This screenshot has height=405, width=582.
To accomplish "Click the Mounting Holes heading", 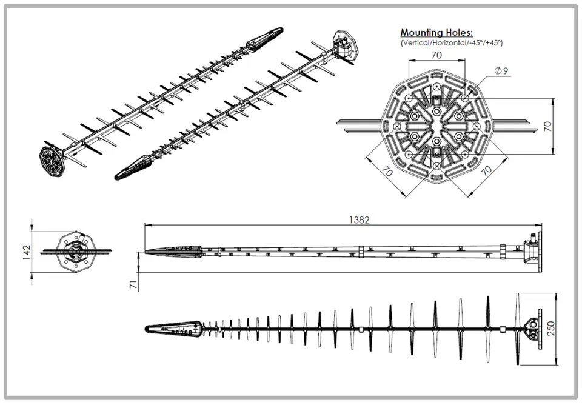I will coord(436,33).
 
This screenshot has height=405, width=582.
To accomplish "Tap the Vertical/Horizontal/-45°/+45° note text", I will coord(452,43).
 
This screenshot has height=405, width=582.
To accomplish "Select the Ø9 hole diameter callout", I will coord(501,72).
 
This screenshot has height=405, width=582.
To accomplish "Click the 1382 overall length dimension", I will coord(359,220).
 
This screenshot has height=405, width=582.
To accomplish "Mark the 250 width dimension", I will coord(550,328).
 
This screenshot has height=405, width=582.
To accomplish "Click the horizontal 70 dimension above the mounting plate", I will coord(436,55).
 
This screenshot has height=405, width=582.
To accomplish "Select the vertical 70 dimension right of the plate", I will coord(547,126).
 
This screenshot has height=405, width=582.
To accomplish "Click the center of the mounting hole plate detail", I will coord(436,126).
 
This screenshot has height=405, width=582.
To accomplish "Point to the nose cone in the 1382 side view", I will coord(173,252).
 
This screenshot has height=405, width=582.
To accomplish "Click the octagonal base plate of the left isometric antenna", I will coord(53,161).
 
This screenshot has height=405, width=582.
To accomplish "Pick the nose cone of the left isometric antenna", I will coord(264,37).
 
